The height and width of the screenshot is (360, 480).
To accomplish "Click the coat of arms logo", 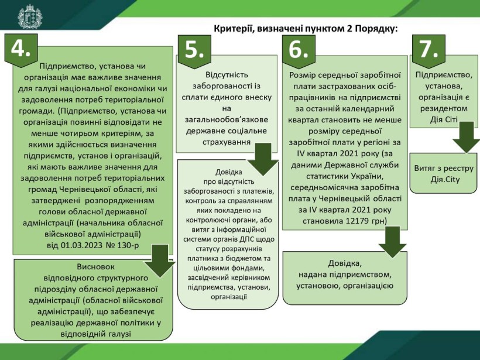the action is click(x=30, y=17).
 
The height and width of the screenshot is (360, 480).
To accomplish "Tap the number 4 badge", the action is click(x=21, y=50).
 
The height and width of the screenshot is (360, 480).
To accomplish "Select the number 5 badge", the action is click(x=194, y=52).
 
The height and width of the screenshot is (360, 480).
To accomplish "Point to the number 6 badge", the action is click(x=299, y=52).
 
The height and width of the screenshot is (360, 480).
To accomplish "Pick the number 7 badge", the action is click(x=428, y=51).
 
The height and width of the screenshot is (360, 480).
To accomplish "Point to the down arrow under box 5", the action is click(x=263, y=159).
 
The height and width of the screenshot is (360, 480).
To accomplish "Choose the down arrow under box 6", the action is click(x=392, y=242).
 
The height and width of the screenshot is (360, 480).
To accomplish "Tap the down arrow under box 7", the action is click(x=466, y=137).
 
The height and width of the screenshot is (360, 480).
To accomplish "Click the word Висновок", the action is click(x=96, y=266).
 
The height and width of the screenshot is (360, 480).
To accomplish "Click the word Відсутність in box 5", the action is click(x=227, y=75).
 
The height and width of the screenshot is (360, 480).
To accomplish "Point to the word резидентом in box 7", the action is click(x=444, y=109).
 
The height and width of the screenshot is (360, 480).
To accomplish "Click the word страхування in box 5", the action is click(x=227, y=142).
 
